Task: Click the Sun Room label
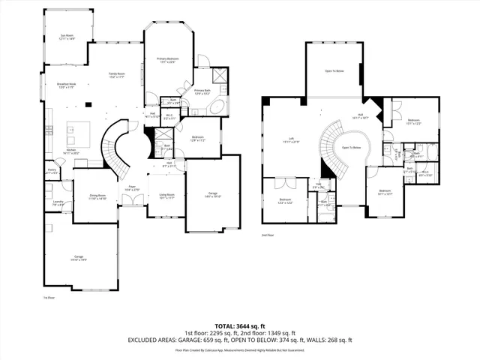pyautogui.click(x=67, y=36)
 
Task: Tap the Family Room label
pyautogui.click(x=116, y=74)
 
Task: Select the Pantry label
pyautogui.click(x=52, y=171)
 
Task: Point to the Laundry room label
pyautogui.click(x=58, y=202)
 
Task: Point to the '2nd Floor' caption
pyautogui.click(x=267, y=235)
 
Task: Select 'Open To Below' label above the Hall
pyautogui.click(x=334, y=71)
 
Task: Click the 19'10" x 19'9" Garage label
pyautogui.click(x=79, y=259)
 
